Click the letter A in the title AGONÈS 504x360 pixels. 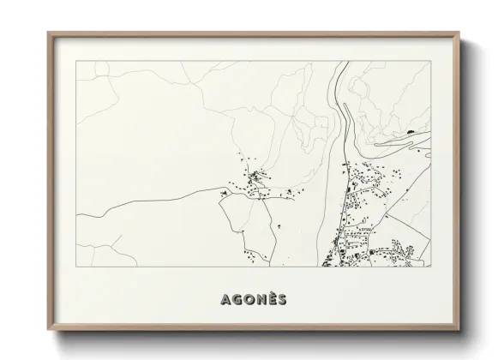[225, 299]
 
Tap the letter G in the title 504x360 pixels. [237, 299]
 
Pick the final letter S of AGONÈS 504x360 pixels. [283, 299]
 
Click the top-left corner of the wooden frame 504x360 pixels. [48, 33]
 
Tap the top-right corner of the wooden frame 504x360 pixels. [459, 33]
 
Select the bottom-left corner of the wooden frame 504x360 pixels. [48, 329]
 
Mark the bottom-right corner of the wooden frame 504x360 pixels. [459, 329]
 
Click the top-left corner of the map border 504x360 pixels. [75, 61]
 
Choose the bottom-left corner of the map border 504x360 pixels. [75, 267]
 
